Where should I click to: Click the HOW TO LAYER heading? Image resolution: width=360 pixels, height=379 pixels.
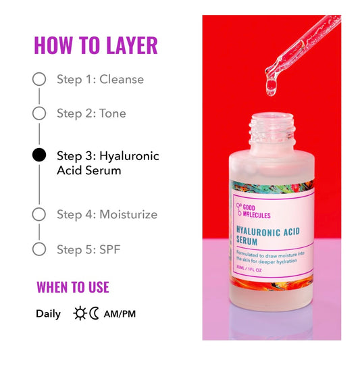(x=96, y=45)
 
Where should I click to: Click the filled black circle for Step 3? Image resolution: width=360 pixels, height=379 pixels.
(x=39, y=155)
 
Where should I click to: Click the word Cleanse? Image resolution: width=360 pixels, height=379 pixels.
(x=122, y=79)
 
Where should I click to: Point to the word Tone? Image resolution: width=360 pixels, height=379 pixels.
(x=113, y=113)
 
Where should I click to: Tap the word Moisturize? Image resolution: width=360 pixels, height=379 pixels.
(x=128, y=214)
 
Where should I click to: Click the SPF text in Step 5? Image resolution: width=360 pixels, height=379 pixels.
(x=110, y=249)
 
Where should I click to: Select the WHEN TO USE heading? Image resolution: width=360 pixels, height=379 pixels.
(x=73, y=287)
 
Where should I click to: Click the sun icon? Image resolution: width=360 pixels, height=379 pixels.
(x=80, y=313)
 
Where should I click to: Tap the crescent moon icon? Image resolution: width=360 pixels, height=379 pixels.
(x=95, y=313)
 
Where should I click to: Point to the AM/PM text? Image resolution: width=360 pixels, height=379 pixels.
(x=120, y=314)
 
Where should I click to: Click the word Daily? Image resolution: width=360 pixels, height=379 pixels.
(x=49, y=314)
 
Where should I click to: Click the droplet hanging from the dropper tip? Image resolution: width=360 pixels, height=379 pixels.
(x=272, y=86)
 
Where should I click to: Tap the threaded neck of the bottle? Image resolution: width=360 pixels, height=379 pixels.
(x=272, y=129)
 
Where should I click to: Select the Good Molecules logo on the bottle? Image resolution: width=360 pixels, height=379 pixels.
(x=253, y=211)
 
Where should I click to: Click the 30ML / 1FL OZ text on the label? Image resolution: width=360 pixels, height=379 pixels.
(x=249, y=269)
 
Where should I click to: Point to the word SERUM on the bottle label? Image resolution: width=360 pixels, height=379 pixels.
(x=247, y=241)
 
